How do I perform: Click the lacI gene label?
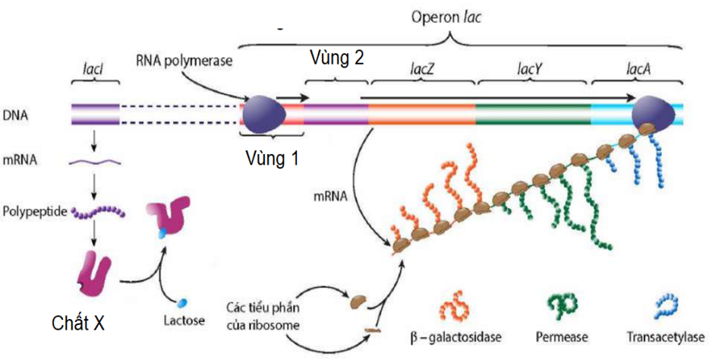point(94,72)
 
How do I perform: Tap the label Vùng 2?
point(336,58)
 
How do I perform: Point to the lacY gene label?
point(534,72)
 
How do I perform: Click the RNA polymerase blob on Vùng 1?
point(263,113)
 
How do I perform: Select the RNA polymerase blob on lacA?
point(654,114)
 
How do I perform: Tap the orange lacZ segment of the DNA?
point(421,114)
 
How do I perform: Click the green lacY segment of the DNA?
point(533,114)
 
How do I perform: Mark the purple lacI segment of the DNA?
point(95,114)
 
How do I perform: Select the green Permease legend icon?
point(562,306)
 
